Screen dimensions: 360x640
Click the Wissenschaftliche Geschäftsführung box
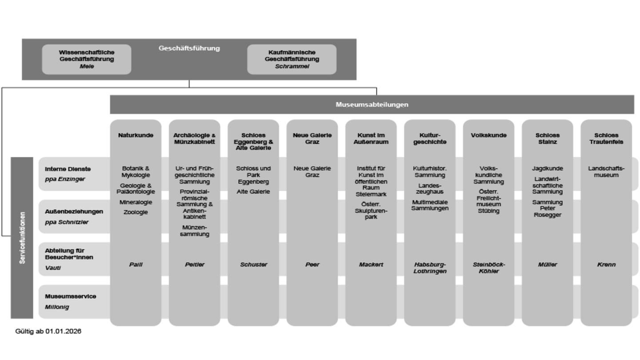pos(87,59)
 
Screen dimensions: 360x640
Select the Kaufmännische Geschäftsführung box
pos(292,59)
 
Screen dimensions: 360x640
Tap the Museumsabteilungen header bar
pos(372,105)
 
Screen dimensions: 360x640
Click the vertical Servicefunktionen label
pos(22,238)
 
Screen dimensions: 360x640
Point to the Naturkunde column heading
pos(136,135)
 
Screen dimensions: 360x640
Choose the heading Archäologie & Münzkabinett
pos(194,139)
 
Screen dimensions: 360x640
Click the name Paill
pos(136,264)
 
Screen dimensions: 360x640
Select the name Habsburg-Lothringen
pos(430,268)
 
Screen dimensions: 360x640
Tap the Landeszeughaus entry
pos(430,188)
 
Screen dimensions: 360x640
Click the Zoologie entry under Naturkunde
pos(136,212)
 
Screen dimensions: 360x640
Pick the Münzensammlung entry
pos(194,231)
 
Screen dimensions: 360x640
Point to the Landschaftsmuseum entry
pos(606,172)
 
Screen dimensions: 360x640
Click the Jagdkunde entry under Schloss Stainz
pos(547,168)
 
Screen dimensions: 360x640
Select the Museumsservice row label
pos(70,296)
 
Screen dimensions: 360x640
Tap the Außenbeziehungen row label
pos(74,212)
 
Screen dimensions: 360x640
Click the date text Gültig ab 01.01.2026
pos(48,332)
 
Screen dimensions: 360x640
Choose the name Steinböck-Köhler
pos(488,268)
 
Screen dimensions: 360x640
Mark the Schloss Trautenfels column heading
pos(606,139)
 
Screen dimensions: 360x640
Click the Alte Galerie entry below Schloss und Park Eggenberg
pos(253,192)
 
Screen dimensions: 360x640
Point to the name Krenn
pos(606,264)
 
